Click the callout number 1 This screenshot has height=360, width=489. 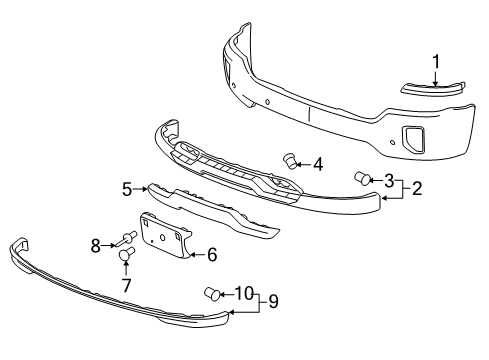(x=436, y=63)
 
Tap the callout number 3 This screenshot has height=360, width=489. (x=388, y=180)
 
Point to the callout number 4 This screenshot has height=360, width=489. (x=317, y=163)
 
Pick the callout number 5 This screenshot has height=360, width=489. (x=128, y=189)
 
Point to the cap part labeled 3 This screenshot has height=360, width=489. (x=362, y=179)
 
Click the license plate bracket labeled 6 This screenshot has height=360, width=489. (x=166, y=240)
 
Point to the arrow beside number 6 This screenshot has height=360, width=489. (x=196, y=255)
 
